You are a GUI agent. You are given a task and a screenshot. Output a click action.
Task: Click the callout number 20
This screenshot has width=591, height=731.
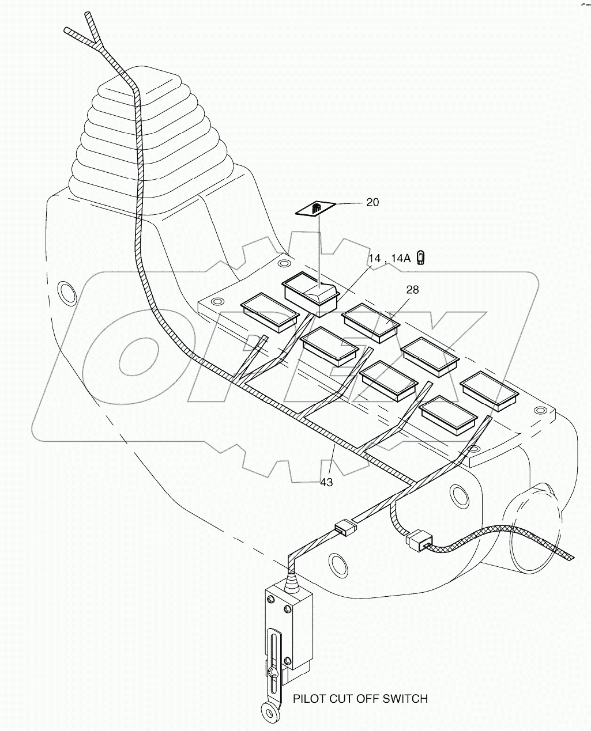(x=372, y=202)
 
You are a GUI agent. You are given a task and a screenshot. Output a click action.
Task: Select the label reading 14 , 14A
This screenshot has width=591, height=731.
(x=389, y=259)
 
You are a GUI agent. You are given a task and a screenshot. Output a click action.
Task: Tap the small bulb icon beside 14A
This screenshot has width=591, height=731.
(x=421, y=257)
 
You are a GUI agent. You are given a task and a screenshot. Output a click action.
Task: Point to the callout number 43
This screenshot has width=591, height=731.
(x=326, y=483)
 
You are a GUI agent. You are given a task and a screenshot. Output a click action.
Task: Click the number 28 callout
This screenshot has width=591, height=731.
(x=412, y=290)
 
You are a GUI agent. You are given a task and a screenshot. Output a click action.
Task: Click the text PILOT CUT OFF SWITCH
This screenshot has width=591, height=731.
(x=360, y=699)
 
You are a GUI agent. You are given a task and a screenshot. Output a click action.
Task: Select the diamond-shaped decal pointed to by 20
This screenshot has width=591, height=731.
(x=316, y=209)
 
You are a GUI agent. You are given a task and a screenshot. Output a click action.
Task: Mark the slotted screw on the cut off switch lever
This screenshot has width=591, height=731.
(x=274, y=671)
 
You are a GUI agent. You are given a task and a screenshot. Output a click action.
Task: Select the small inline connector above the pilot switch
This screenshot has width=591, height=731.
(x=343, y=527)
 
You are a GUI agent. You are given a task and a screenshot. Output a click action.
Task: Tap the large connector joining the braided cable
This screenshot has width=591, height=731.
(x=417, y=540)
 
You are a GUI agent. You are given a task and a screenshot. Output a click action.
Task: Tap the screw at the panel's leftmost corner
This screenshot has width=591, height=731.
(x=217, y=302)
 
